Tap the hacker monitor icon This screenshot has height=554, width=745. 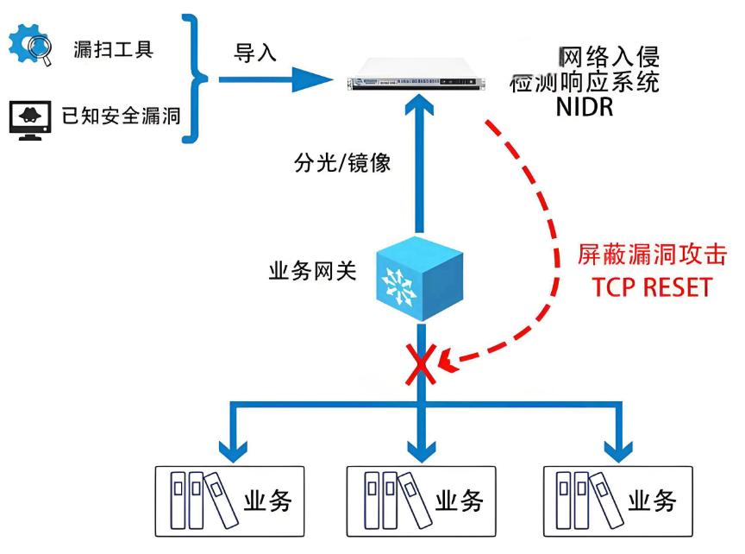pos(30,119)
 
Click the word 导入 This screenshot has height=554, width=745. pos(256,53)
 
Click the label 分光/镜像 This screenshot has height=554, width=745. pos(342,164)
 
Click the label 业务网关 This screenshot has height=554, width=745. pos(313,272)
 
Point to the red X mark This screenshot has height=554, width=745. pos(420,364)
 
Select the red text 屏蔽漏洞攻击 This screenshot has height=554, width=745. pos(652,255)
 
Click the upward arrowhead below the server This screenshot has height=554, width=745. pos(421,108)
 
